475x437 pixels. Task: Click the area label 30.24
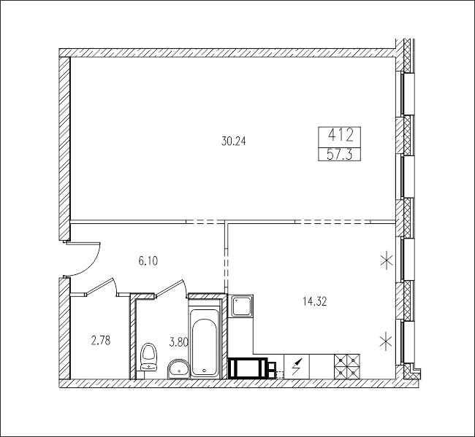(x=233, y=142)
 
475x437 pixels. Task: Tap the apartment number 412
(x=341, y=135)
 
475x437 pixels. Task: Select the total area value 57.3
(x=339, y=155)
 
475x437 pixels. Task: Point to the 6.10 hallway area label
(x=148, y=260)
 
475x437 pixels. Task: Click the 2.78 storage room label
(x=101, y=341)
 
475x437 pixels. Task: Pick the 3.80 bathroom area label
(x=179, y=342)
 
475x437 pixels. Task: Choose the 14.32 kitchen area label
(x=314, y=301)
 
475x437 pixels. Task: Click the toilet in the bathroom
(x=149, y=357)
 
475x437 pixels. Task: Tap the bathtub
(x=204, y=343)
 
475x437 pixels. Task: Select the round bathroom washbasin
(x=178, y=368)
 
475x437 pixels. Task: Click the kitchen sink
(x=241, y=306)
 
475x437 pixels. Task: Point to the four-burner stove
(x=347, y=366)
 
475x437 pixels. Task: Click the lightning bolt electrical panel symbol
(x=297, y=366)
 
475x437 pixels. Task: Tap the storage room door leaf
(x=99, y=285)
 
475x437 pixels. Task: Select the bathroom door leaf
(x=170, y=287)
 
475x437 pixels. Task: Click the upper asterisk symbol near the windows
(x=387, y=260)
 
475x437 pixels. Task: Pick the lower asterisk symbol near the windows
(x=387, y=341)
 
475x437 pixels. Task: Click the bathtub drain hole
(x=204, y=370)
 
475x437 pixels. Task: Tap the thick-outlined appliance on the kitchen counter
(x=248, y=368)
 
